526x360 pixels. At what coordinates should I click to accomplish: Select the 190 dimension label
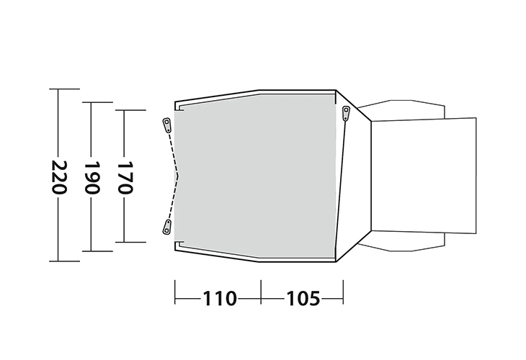(x=91, y=177)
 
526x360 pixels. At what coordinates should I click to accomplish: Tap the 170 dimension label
(x=123, y=177)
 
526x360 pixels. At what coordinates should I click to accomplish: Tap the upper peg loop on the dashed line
(x=166, y=125)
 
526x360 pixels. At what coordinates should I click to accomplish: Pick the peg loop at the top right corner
(x=346, y=112)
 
